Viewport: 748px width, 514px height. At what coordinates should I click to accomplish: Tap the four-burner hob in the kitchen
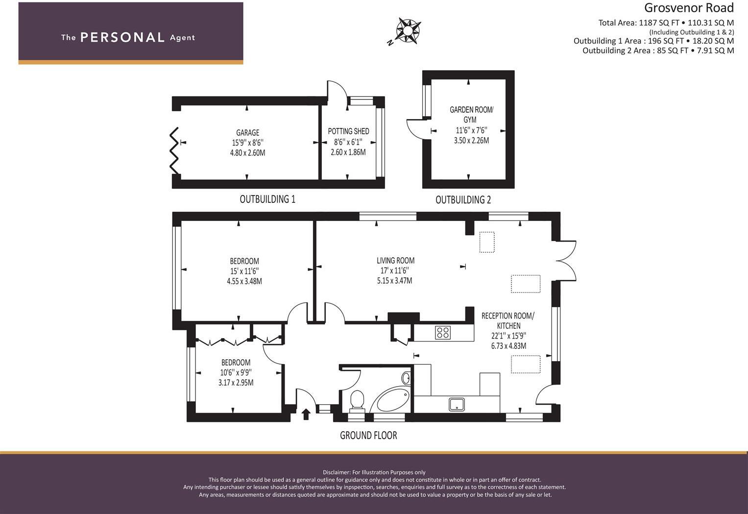(x=443, y=333)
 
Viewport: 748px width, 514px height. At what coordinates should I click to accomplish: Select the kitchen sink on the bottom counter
(x=457, y=404)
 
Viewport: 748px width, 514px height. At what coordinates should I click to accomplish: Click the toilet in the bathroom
(x=357, y=401)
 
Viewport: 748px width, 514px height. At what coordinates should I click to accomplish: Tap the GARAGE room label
(x=247, y=133)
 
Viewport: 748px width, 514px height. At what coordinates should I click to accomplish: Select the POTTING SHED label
(x=348, y=131)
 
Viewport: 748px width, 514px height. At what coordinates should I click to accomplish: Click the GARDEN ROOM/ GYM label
(x=471, y=115)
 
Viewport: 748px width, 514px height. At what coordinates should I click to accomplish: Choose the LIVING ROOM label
(x=395, y=261)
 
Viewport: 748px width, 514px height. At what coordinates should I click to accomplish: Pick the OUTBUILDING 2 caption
(x=463, y=200)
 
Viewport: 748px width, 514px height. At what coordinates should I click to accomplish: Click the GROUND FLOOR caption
(x=369, y=436)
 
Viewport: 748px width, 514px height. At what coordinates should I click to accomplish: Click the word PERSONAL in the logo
(x=122, y=37)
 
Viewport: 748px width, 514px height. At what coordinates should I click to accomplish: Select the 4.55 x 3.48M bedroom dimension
(x=244, y=281)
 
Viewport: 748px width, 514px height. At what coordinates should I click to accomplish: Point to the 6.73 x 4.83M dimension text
(x=508, y=346)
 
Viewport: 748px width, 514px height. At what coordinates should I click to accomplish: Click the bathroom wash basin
(x=406, y=378)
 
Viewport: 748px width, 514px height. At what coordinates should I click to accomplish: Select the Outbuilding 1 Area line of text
(x=653, y=41)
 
